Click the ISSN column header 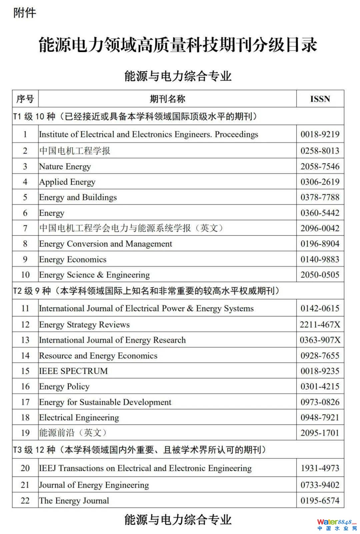pyautogui.click(x=320, y=99)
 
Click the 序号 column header pyautogui.click(x=25, y=99)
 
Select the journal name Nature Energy pyautogui.click(x=65, y=166)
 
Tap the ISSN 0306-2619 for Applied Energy pyautogui.click(x=320, y=182)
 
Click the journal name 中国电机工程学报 pyautogui.click(x=75, y=151)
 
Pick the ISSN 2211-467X pyautogui.click(x=320, y=324)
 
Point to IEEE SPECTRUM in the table pyautogui.click(x=73, y=371)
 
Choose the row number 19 pyautogui.click(x=25, y=433)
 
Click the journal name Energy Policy pyautogui.click(x=64, y=386)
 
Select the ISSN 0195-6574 pyautogui.click(x=320, y=501)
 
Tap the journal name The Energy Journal pyautogui.click(x=74, y=501)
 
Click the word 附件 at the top pyautogui.click(x=24, y=13)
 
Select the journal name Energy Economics pyautogui.click(x=73, y=259)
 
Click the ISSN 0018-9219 pyautogui.click(x=320, y=134)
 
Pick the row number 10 pyautogui.click(x=25, y=275)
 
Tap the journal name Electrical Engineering pyautogui.click(x=79, y=417)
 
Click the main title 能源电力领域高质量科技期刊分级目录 pyautogui.click(x=178, y=45)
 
